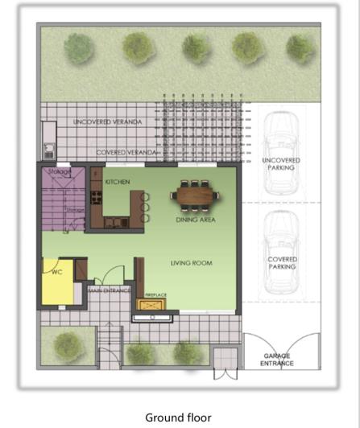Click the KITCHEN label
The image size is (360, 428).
click(117, 183)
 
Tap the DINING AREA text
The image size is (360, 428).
click(195, 219)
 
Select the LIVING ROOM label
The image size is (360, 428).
click(191, 263)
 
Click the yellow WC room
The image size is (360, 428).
click(56, 281)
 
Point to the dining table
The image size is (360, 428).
click(194, 194)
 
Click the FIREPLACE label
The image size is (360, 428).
click(155, 294)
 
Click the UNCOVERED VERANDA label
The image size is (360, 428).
click(107, 121)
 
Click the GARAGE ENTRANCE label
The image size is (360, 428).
click(278, 359)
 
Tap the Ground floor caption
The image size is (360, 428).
click(178, 417)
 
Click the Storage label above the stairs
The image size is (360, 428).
click(59, 171)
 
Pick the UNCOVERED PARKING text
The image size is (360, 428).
click(281, 165)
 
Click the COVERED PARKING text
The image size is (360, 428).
click(282, 263)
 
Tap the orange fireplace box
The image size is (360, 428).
click(155, 305)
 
